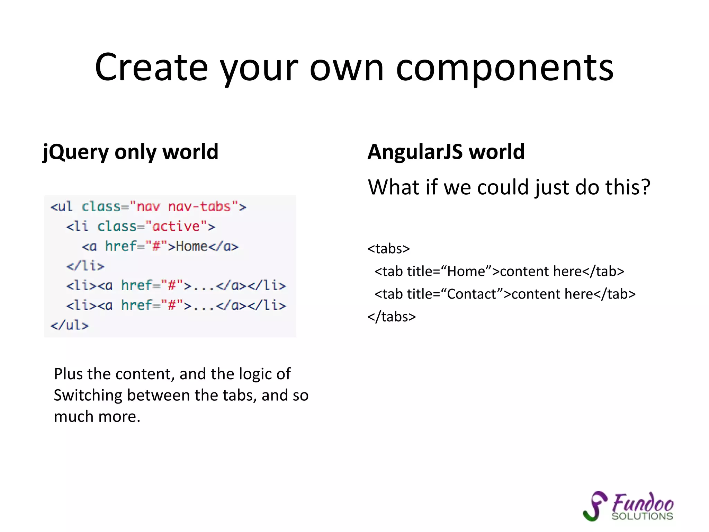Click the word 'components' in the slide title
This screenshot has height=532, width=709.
click(504, 68)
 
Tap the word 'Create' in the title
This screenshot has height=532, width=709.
click(151, 68)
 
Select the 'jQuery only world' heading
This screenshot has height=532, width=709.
click(131, 152)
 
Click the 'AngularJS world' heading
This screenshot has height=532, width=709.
click(446, 152)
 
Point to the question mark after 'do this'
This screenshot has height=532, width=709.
click(644, 187)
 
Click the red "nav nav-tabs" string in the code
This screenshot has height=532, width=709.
click(183, 207)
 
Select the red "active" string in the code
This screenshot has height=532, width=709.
click(176, 227)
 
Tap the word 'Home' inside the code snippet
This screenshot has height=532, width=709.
click(192, 246)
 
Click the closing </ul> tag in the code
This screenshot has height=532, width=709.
click(70, 325)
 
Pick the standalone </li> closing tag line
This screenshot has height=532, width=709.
click(85, 266)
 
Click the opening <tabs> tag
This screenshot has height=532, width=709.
click(388, 249)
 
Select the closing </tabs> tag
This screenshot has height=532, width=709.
click(392, 317)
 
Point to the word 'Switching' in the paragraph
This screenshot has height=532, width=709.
click(88, 395)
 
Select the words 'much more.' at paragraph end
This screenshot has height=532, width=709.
click(97, 416)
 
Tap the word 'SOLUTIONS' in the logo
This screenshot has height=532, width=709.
click(642, 516)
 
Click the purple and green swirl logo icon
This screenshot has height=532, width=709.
click(595, 506)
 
